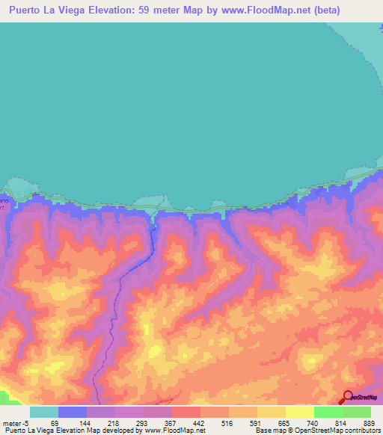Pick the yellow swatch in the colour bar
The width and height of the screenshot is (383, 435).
(x=299, y=413)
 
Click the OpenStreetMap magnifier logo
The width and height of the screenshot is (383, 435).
(x=347, y=397)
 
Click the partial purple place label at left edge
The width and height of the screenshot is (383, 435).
(x=4, y=204)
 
